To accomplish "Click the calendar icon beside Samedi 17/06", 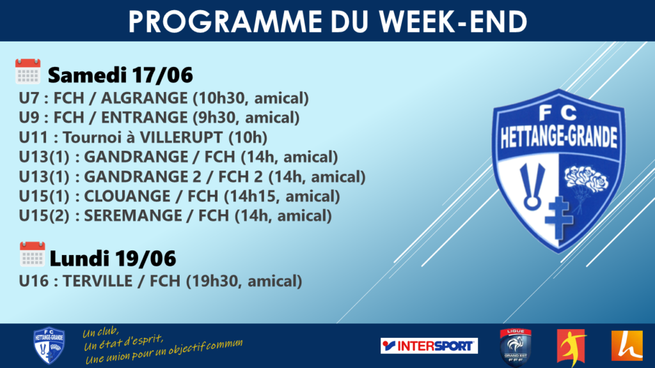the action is tap(28, 72).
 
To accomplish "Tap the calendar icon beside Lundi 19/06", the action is tap(32, 254).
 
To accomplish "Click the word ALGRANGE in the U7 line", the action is tap(144, 98).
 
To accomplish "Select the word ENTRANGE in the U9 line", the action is tap(144, 118).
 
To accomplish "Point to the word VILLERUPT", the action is tap(181, 137).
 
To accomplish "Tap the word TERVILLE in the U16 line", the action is tap(98, 281).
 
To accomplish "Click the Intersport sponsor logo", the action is tap(429, 346).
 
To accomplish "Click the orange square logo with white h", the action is tap(627, 346).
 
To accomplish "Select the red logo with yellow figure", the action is tap(571, 347).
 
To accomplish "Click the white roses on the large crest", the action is tap(586, 179).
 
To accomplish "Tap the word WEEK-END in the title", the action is tap(454, 22).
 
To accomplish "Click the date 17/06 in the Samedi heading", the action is tap(162, 75).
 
